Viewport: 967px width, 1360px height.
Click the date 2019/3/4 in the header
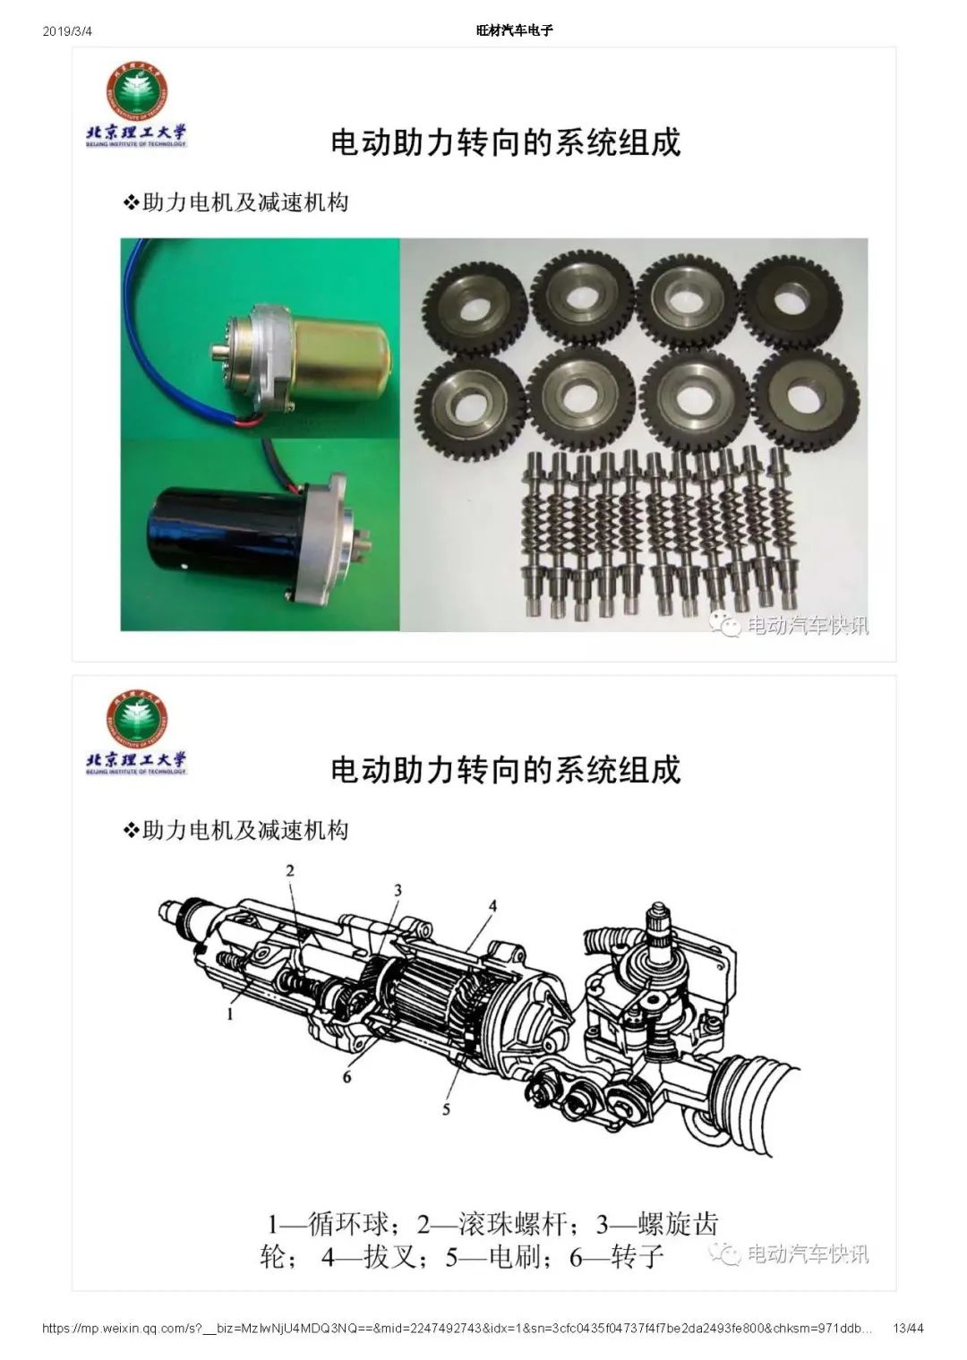pyautogui.click(x=67, y=31)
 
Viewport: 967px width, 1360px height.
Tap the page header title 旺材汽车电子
pyautogui.click(x=514, y=31)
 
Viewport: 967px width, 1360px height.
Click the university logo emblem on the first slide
pyautogui.click(x=137, y=91)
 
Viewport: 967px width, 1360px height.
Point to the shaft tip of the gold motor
pyautogui.click(x=214, y=351)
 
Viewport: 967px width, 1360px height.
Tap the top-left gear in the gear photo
pyautogui.click(x=472, y=308)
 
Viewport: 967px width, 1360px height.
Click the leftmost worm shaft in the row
pyautogui.click(x=533, y=535)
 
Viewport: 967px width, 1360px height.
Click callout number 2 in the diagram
pyautogui.click(x=290, y=870)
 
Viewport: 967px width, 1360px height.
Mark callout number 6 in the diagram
pyautogui.click(x=347, y=1076)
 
